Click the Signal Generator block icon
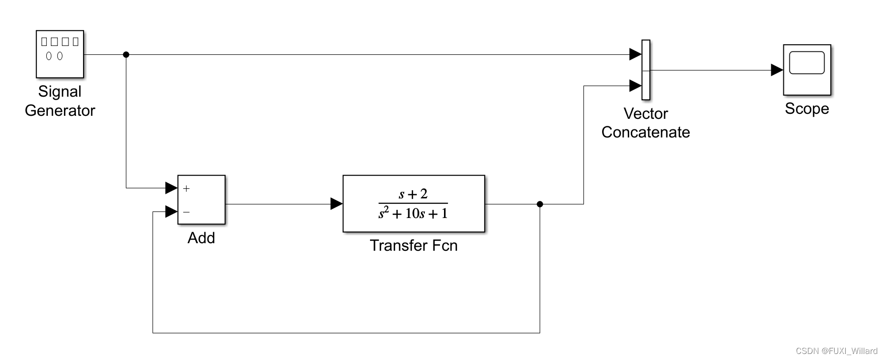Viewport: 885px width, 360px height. (x=60, y=54)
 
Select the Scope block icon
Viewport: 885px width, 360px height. (x=807, y=69)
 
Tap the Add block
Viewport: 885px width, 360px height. (x=201, y=199)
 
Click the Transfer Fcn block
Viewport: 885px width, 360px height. (x=414, y=203)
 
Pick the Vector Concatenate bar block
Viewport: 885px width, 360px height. (x=646, y=70)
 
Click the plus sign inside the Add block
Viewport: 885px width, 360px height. (x=186, y=189)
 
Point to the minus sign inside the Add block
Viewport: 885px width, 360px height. (x=186, y=212)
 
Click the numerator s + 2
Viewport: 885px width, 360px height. (x=413, y=194)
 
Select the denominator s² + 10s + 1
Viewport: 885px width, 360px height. (x=413, y=213)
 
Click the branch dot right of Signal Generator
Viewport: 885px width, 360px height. (x=126, y=54)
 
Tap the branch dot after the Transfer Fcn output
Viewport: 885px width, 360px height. (x=540, y=204)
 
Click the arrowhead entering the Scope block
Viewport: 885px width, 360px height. (x=777, y=70)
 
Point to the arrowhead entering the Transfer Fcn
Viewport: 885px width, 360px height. (x=336, y=204)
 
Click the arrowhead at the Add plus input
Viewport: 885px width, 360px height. (x=171, y=188)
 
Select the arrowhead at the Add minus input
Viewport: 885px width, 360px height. (x=171, y=211)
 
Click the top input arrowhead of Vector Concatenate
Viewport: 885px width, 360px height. (x=635, y=54)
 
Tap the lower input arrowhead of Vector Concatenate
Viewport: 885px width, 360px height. (x=635, y=86)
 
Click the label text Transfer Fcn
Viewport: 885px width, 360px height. (x=414, y=245)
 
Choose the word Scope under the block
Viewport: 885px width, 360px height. (x=807, y=109)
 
